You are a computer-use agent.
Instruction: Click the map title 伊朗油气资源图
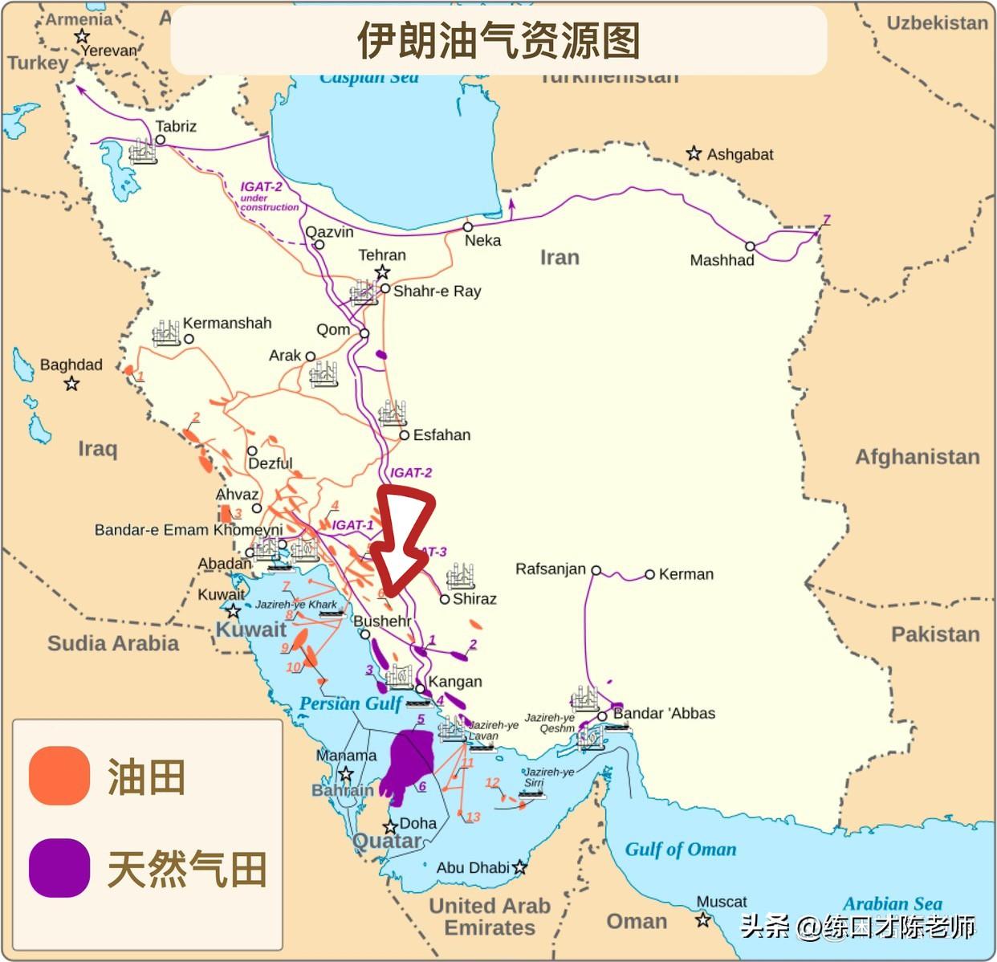[498, 40]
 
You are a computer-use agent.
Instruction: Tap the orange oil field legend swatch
[59, 776]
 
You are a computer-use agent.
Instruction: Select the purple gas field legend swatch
[59, 868]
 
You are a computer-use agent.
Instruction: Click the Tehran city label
[381, 255]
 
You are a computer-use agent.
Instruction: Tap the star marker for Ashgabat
[694, 153]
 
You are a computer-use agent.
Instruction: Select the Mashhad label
[722, 260]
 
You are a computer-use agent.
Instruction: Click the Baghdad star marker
[72, 383]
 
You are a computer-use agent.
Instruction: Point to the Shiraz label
[474, 598]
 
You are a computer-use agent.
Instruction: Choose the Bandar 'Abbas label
[664, 713]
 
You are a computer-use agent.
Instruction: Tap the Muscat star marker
[703, 919]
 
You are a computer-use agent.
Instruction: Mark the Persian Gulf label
[350, 704]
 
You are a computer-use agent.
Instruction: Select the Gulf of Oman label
[680, 850]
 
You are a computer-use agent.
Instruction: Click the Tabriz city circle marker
[161, 140]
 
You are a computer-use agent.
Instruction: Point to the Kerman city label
[686, 574]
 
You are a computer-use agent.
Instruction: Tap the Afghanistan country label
[917, 457]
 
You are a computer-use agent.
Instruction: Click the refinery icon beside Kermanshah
[165, 332]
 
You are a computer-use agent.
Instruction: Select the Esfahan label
[442, 435]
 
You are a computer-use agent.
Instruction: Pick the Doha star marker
[390, 827]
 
